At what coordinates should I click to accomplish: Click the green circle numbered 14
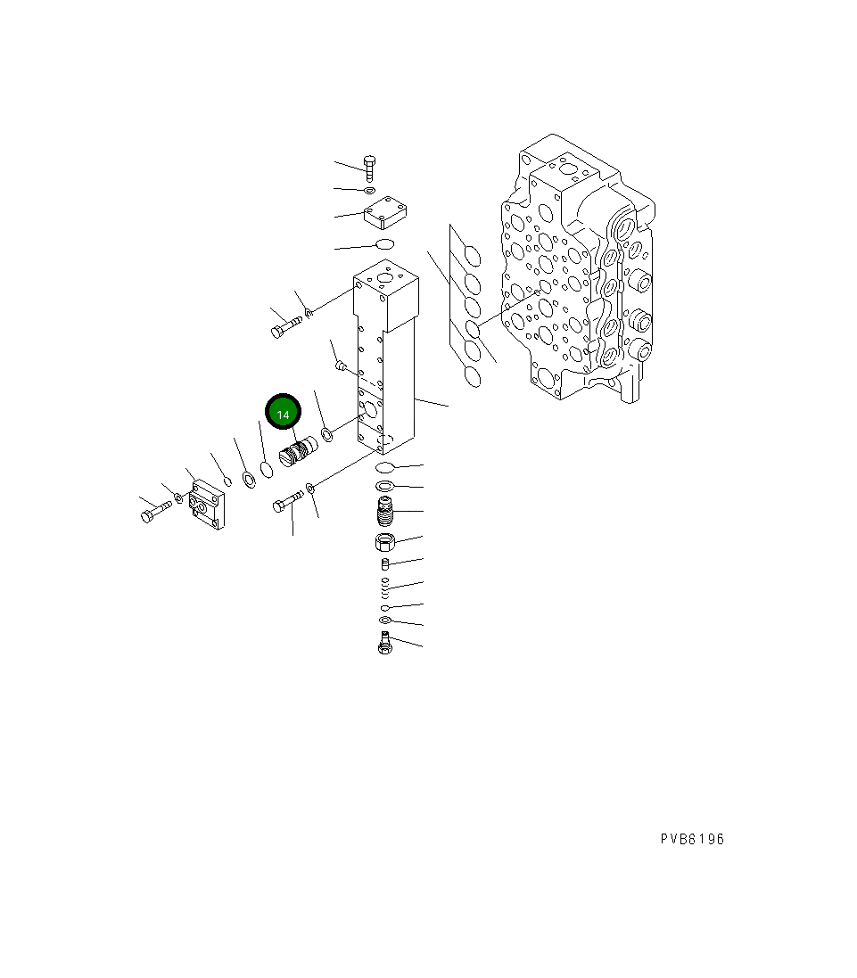click(284, 415)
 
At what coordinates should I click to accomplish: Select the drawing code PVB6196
click(692, 839)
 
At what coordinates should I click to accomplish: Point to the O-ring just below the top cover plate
click(384, 245)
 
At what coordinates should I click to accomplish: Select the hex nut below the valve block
click(384, 541)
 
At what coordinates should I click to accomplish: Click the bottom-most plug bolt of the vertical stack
click(384, 642)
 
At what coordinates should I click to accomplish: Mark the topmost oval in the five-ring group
click(473, 257)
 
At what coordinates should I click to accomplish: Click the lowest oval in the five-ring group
click(473, 378)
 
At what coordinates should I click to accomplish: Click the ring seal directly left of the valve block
click(327, 434)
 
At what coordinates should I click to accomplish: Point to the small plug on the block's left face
click(340, 363)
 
